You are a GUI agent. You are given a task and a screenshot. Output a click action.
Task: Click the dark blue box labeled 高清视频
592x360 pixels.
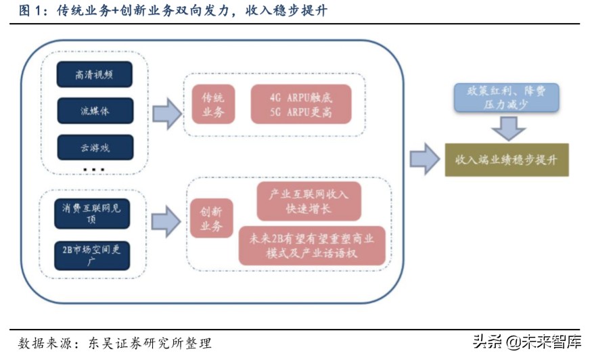(x=94, y=74)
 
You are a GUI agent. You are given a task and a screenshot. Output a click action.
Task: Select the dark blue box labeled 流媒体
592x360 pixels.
(x=94, y=110)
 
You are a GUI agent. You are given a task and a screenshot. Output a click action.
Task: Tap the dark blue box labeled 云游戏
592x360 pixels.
(x=94, y=146)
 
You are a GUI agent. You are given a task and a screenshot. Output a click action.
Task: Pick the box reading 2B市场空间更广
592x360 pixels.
(x=92, y=254)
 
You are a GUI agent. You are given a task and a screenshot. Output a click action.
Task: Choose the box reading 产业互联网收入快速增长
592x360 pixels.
(x=309, y=202)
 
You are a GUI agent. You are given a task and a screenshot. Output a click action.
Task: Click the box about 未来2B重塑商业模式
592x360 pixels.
(x=312, y=245)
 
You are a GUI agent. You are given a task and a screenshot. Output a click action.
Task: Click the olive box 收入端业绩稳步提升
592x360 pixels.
(x=506, y=160)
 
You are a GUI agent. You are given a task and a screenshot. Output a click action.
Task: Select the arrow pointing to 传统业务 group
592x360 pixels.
(x=166, y=112)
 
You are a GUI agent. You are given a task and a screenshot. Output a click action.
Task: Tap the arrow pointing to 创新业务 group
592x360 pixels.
(x=166, y=221)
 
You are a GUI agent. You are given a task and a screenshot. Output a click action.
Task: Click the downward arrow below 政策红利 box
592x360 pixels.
(x=508, y=128)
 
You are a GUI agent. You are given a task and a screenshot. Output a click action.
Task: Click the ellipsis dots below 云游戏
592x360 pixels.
(x=93, y=169)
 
